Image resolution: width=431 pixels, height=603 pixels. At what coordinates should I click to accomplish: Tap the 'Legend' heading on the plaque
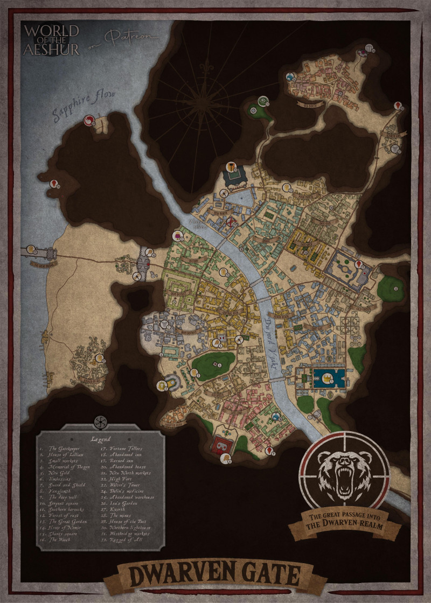coord(101,438)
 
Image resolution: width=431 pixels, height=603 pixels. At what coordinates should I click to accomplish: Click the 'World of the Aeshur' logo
coord(51,39)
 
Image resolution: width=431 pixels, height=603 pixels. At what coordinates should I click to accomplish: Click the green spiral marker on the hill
coord(263,100)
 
